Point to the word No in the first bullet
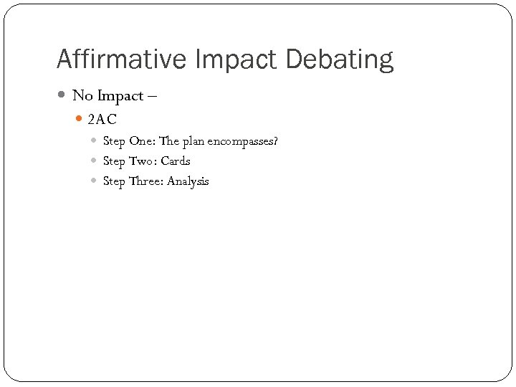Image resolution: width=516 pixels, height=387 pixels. click(81, 96)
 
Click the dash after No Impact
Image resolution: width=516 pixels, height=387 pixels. click(153, 96)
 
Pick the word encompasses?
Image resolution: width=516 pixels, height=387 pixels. click(242, 141)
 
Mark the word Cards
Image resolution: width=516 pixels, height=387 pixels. click(176, 161)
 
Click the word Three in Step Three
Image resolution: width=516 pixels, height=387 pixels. click(146, 181)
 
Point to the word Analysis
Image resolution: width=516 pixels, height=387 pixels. click(188, 181)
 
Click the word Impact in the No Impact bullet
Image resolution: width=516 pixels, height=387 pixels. click(118, 96)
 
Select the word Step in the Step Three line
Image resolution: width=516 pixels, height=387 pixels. click(114, 181)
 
